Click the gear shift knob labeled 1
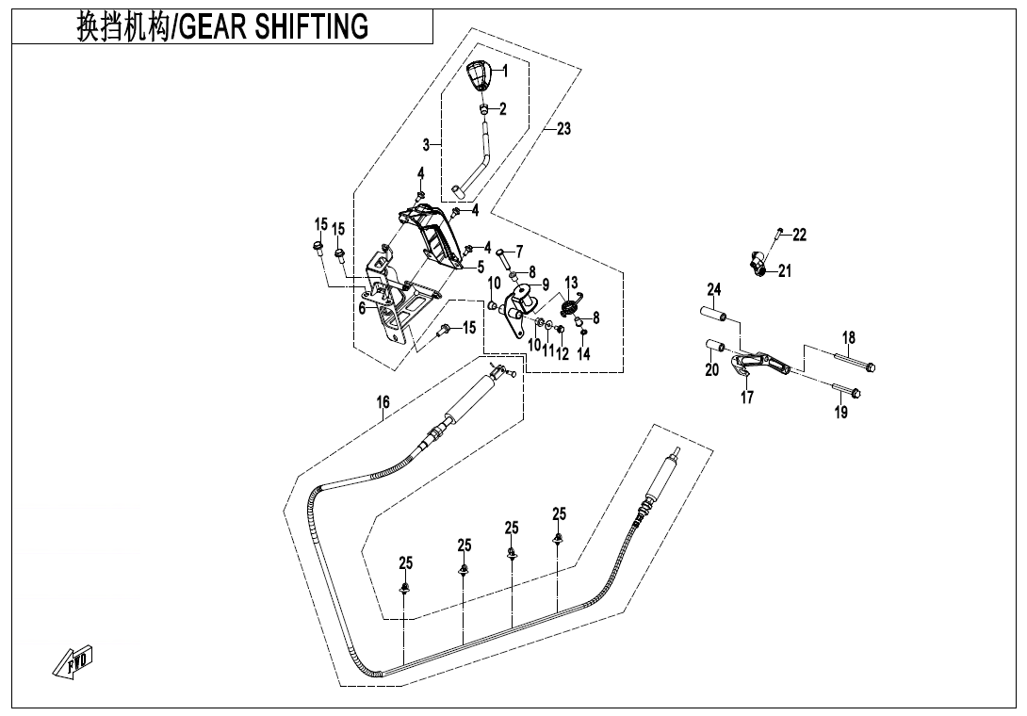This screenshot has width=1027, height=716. click(481, 75)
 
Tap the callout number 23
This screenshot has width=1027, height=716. click(563, 129)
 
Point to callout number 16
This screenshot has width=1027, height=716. click(383, 402)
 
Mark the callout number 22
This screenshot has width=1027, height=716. click(799, 235)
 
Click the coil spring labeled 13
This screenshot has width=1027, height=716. click(568, 305)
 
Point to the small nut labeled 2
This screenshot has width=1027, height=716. click(483, 109)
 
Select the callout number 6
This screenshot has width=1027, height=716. click(362, 308)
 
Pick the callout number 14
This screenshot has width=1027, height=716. click(583, 354)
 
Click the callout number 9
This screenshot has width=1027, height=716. click(545, 284)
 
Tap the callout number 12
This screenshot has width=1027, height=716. click(562, 354)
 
